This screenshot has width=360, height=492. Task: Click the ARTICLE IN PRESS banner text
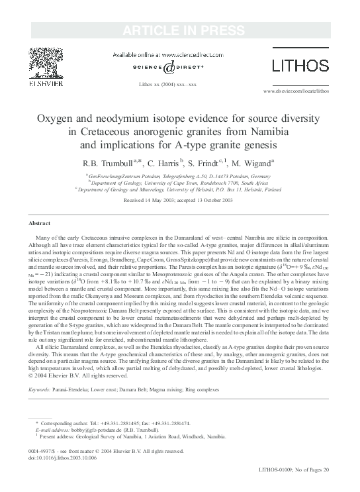click(179, 30)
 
